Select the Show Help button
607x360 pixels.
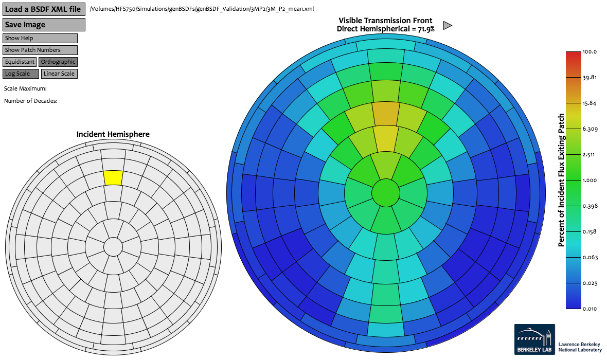pos(40,38)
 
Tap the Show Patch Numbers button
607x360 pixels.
pos(40,50)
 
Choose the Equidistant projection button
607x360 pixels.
pos(20,62)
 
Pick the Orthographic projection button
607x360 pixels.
pos(58,62)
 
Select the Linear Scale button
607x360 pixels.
pos(59,74)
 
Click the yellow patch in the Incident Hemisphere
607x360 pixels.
pos(113,178)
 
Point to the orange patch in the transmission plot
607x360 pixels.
pos(386,114)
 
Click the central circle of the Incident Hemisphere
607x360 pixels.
pos(113,247)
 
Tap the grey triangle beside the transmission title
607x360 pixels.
pos(447,25)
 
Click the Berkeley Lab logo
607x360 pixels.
pos(534,339)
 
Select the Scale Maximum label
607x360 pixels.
pos(25,88)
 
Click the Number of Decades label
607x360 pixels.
pos(30,101)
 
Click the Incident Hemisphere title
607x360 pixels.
pos(113,134)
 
